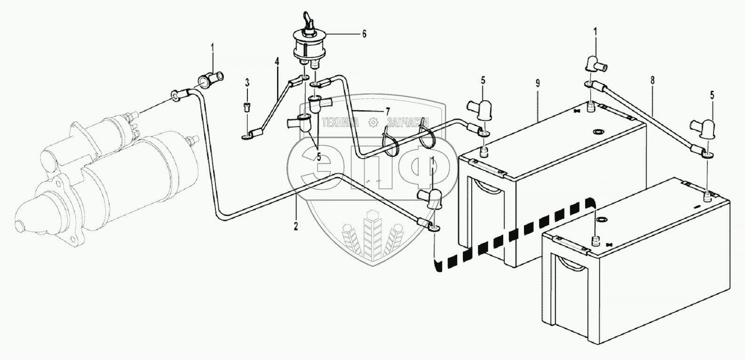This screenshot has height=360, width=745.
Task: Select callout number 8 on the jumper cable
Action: point(652,80)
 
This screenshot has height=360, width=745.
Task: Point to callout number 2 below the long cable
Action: point(296,226)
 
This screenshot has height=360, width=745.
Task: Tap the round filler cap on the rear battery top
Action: point(599,131)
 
